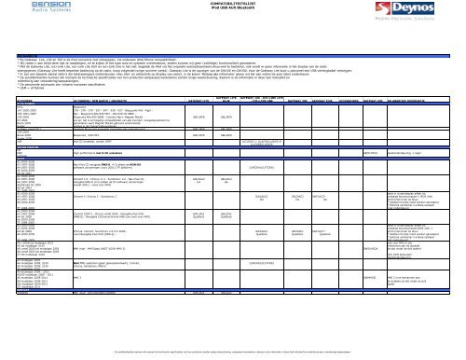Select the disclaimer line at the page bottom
pos(233,355)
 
